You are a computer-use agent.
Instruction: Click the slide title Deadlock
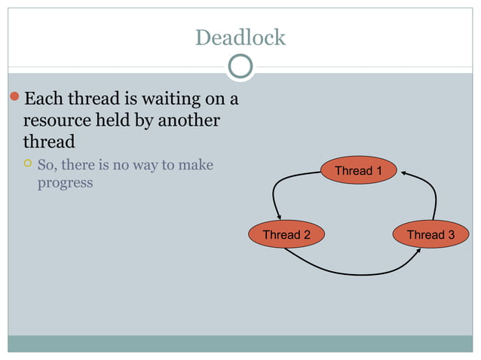click(240, 37)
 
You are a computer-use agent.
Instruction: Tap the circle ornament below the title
click(240, 67)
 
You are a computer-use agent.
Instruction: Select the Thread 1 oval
click(359, 171)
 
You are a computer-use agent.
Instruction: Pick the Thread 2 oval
click(286, 235)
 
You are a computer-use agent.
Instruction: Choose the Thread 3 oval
click(430, 235)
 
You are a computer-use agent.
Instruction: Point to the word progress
click(66, 183)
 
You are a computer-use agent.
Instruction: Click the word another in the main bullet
click(188, 121)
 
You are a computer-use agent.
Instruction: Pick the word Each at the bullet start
click(44, 99)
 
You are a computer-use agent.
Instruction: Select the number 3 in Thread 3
click(451, 235)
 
